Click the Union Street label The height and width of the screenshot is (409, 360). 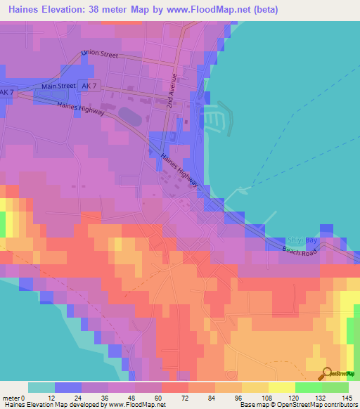pyautogui.click(x=101, y=53)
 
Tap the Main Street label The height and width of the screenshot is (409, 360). pyautogui.click(x=58, y=86)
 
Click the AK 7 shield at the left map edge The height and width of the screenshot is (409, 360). pyautogui.click(x=7, y=93)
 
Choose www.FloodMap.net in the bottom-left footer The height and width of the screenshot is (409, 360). pyautogui.click(x=134, y=405)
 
